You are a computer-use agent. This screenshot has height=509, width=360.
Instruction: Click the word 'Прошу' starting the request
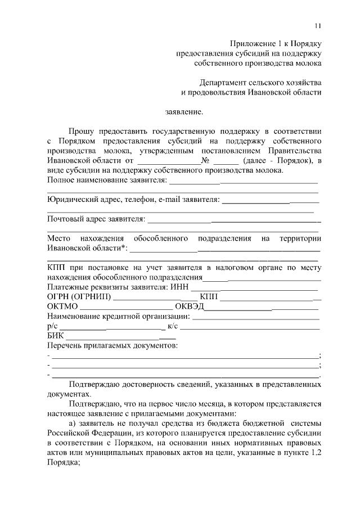pyautogui.click(x=83, y=130)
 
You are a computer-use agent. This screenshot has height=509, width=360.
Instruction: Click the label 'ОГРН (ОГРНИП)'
pyautogui.click(x=79, y=297)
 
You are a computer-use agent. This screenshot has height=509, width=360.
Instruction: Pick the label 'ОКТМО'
pyautogui.click(x=62, y=307)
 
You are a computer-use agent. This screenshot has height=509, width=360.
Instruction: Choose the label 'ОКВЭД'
pyautogui.click(x=189, y=307)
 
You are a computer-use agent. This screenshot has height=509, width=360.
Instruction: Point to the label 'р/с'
pyautogui.click(x=52, y=326)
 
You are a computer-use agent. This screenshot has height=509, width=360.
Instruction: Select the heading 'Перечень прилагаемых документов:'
pyautogui.click(x=112, y=345)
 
